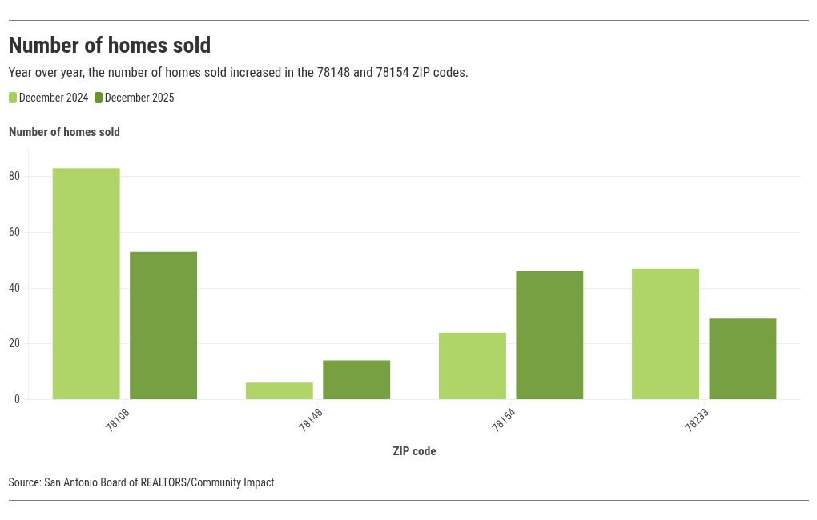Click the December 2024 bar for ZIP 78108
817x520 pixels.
tap(86, 283)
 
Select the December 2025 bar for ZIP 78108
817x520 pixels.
tap(163, 325)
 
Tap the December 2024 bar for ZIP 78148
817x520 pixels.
tap(279, 390)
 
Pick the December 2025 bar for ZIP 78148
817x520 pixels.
tap(356, 379)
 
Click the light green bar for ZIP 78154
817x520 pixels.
tap(472, 366)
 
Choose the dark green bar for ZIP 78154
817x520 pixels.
tap(549, 334)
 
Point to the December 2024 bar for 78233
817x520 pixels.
tap(665, 334)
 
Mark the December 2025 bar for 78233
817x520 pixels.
tap(743, 358)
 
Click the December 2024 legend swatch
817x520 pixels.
tap(13, 98)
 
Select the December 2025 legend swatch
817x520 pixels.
tap(99, 98)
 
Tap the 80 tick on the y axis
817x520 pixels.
tap(14, 176)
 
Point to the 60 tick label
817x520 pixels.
tap(14, 232)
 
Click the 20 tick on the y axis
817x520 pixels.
tap(14, 343)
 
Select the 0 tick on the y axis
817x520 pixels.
tap(17, 399)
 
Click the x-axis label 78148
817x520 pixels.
tap(310, 420)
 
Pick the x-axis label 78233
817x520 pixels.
tap(696, 420)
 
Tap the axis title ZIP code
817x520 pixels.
tap(414, 451)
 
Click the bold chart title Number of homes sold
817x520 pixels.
tap(110, 45)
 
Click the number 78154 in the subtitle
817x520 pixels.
tap(392, 72)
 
